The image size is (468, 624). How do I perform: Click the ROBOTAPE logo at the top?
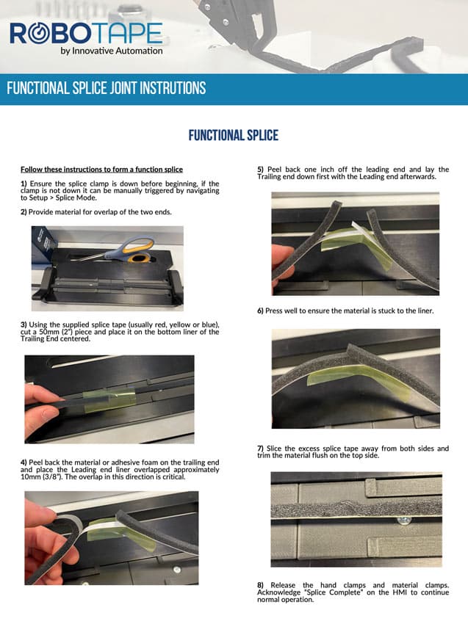coord(86,33)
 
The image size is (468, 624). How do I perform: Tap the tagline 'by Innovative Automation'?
coord(112,51)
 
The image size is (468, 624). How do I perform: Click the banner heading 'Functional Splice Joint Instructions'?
coord(107,88)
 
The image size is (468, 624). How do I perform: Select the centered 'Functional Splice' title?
coord(234,135)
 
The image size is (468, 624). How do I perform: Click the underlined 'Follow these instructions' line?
coord(101,170)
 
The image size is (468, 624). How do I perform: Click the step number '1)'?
coord(24,184)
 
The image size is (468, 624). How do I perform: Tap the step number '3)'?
coord(24,324)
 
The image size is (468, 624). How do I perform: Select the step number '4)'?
coord(24,462)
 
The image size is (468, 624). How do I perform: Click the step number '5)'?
coord(260,170)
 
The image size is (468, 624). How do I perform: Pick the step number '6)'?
coord(260,311)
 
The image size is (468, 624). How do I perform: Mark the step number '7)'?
coord(260,449)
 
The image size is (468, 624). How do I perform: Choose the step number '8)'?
coord(260,585)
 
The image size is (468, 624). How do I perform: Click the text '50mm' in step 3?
coord(49,332)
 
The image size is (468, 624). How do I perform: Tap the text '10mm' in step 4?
coord(30,476)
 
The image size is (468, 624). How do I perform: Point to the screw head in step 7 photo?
coord(403,520)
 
